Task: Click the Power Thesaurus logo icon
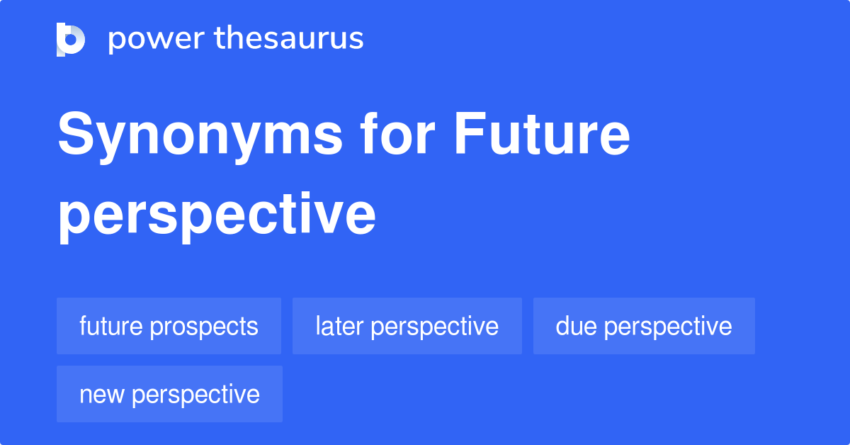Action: coord(71,39)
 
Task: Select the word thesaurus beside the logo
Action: coord(290,39)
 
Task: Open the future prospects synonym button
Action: coord(169,326)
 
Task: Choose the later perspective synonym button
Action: coord(407,326)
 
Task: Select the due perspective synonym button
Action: coord(644,326)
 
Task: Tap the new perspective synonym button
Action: coord(169,394)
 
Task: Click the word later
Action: coord(339,326)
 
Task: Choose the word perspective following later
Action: coord(434,327)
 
